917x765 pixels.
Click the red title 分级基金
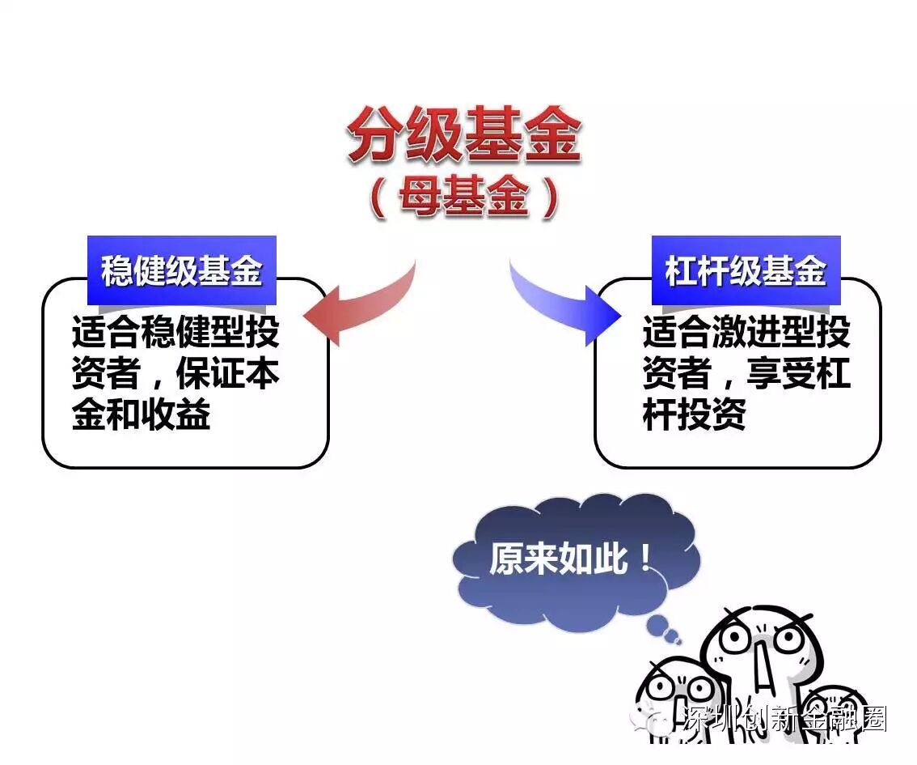pos(463,135)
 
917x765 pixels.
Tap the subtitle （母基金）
pos(463,198)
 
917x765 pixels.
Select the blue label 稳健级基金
pos(181,270)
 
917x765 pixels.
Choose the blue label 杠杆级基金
pos(746,270)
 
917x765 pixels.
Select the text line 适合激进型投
pos(746,332)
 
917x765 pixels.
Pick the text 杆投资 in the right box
pos(694,415)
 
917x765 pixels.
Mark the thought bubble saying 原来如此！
pos(569,558)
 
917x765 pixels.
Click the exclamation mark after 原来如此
pos(644,558)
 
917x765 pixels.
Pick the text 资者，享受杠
pos(746,374)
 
